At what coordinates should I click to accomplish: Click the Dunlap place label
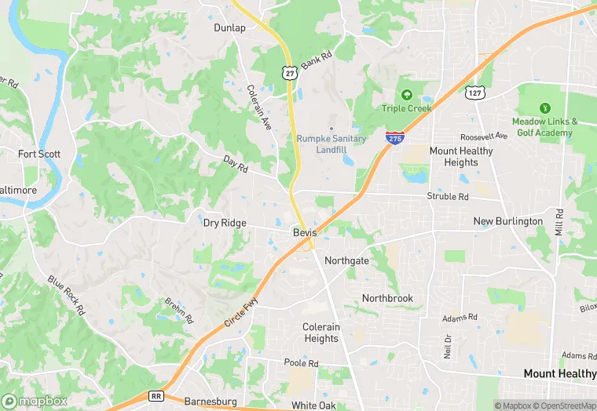click(x=229, y=27)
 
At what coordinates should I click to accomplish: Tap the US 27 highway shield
click(x=291, y=73)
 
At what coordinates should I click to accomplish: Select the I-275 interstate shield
click(x=395, y=137)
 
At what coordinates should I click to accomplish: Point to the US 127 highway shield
click(x=474, y=93)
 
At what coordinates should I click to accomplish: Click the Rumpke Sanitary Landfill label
click(x=331, y=144)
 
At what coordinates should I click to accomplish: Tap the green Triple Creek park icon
click(x=407, y=94)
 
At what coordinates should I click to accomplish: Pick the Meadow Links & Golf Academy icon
click(x=544, y=108)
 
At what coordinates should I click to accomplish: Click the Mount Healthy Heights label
click(x=460, y=157)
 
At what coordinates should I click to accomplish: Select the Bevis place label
click(x=305, y=233)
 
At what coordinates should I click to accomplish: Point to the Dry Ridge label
click(x=225, y=223)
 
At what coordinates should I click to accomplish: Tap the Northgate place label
click(x=346, y=260)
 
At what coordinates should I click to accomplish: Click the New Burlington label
click(x=507, y=221)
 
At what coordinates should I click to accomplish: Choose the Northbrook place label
click(x=387, y=298)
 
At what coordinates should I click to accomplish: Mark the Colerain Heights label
click(x=321, y=333)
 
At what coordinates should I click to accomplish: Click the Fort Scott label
click(x=39, y=154)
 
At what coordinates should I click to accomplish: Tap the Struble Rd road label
click(x=447, y=196)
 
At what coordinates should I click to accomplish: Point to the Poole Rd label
click(x=302, y=363)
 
